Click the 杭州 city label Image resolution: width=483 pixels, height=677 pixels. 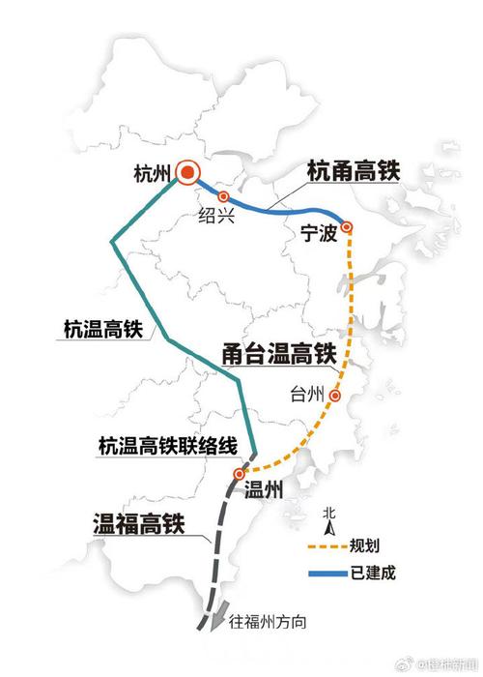154,175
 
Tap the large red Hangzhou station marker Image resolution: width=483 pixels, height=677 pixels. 188,174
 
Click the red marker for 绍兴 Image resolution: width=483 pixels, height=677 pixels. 224,196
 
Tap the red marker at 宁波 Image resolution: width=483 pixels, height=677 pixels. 347,227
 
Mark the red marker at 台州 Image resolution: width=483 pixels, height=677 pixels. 335,395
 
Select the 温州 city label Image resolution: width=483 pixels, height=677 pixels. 264,490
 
